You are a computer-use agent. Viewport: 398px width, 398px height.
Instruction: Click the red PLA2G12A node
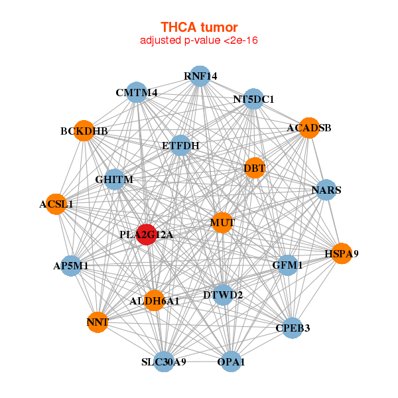pyautogui.click(x=147, y=235)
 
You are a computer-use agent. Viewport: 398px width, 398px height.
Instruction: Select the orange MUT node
pyautogui.click(x=222, y=222)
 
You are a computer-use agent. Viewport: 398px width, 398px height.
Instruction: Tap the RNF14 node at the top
pyautogui.click(x=200, y=76)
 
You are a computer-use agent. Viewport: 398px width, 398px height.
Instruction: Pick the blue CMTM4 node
pyautogui.click(x=138, y=93)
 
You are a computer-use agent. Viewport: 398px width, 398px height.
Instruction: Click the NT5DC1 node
pyautogui.click(x=253, y=99)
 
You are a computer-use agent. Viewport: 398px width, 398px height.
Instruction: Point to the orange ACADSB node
pyautogui.click(x=308, y=127)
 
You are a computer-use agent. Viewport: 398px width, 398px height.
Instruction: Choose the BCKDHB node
pyautogui.click(x=84, y=131)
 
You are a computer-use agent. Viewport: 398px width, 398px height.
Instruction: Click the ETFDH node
pyautogui.click(x=181, y=145)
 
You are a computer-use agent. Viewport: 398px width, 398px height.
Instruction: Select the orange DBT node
pyautogui.click(x=255, y=168)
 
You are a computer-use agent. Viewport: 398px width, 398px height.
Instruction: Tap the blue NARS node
pyautogui.click(x=326, y=190)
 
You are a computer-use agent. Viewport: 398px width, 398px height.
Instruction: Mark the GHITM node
pyautogui.click(x=115, y=179)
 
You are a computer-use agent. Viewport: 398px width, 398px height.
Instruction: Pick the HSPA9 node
pyautogui.click(x=341, y=253)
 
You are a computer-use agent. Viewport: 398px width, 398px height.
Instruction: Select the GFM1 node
pyautogui.click(x=287, y=265)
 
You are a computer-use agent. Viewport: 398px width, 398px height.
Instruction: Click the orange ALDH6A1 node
pyautogui.click(x=155, y=300)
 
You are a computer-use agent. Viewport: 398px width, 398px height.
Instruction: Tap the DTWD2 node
pyautogui.click(x=223, y=295)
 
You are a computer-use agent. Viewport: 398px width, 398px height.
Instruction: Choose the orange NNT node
pyautogui.click(x=98, y=322)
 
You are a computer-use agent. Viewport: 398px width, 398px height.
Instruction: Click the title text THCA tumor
pyautogui.click(x=199, y=27)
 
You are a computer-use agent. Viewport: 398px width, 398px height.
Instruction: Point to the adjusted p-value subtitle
pyautogui.click(x=199, y=40)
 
